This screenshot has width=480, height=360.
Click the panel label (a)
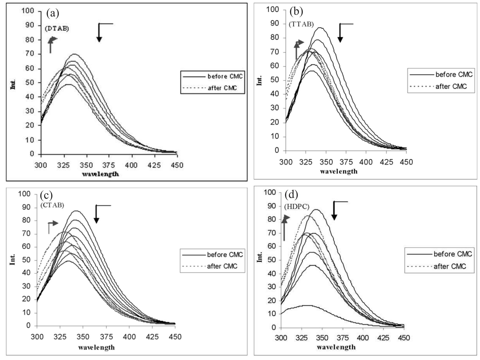(x=53, y=13)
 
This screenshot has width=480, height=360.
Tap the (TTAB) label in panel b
(x=301, y=24)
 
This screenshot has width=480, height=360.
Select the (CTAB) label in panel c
(x=52, y=205)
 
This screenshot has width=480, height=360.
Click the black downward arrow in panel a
(x=99, y=33)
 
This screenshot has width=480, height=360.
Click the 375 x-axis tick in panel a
(x=109, y=165)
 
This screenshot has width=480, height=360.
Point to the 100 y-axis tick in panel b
(x=273, y=10)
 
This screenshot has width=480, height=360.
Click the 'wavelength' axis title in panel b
(x=339, y=171)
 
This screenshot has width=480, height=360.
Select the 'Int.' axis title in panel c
(x=12, y=259)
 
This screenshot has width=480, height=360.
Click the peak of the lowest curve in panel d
(x=307, y=305)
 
